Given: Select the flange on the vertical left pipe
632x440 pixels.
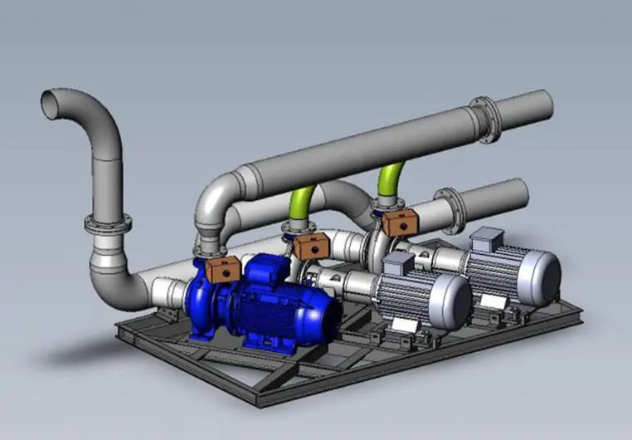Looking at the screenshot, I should [108, 223].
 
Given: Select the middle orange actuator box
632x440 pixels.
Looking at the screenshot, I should [311, 245].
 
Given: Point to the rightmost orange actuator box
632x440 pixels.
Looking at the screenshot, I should [400, 223].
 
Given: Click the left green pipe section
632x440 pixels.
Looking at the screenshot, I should [300, 203].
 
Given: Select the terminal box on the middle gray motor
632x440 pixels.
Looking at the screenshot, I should [397, 263].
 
